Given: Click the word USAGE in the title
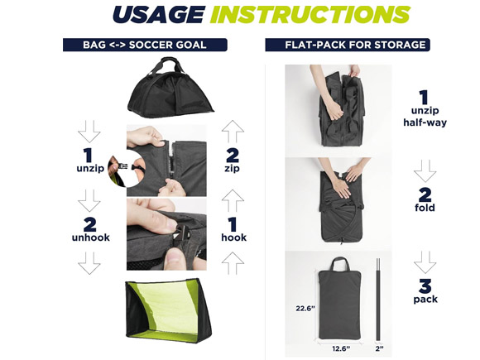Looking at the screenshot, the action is [x=159, y=14].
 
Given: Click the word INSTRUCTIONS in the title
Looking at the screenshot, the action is [x=310, y=14].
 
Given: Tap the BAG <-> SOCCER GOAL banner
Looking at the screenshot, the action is [x=145, y=45].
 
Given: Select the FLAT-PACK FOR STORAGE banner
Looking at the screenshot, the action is [x=348, y=45].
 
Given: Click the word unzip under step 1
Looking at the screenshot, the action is [x=90, y=168].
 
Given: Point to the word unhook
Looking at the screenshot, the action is [x=90, y=238].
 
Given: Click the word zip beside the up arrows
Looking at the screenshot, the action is [x=232, y=169].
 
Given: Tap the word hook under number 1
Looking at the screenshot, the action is [x=234, y=238].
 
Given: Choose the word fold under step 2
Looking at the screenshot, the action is [x=425, y=208].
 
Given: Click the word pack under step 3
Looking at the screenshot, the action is [x=425, y=299].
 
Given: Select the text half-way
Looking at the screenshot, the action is [x=425, y=122].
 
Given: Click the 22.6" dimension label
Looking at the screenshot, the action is [x=305, y=308].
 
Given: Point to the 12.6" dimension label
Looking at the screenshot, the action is [x=341, y=348].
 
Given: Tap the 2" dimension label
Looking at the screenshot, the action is [x=380, y=348].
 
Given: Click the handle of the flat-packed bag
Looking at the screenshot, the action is [x=340, y=264].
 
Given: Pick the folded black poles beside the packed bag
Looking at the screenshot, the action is [x=378, y=300].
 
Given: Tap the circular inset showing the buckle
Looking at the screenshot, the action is [x=127, y=168].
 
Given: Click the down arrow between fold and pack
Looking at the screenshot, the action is [x=425, y=262].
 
